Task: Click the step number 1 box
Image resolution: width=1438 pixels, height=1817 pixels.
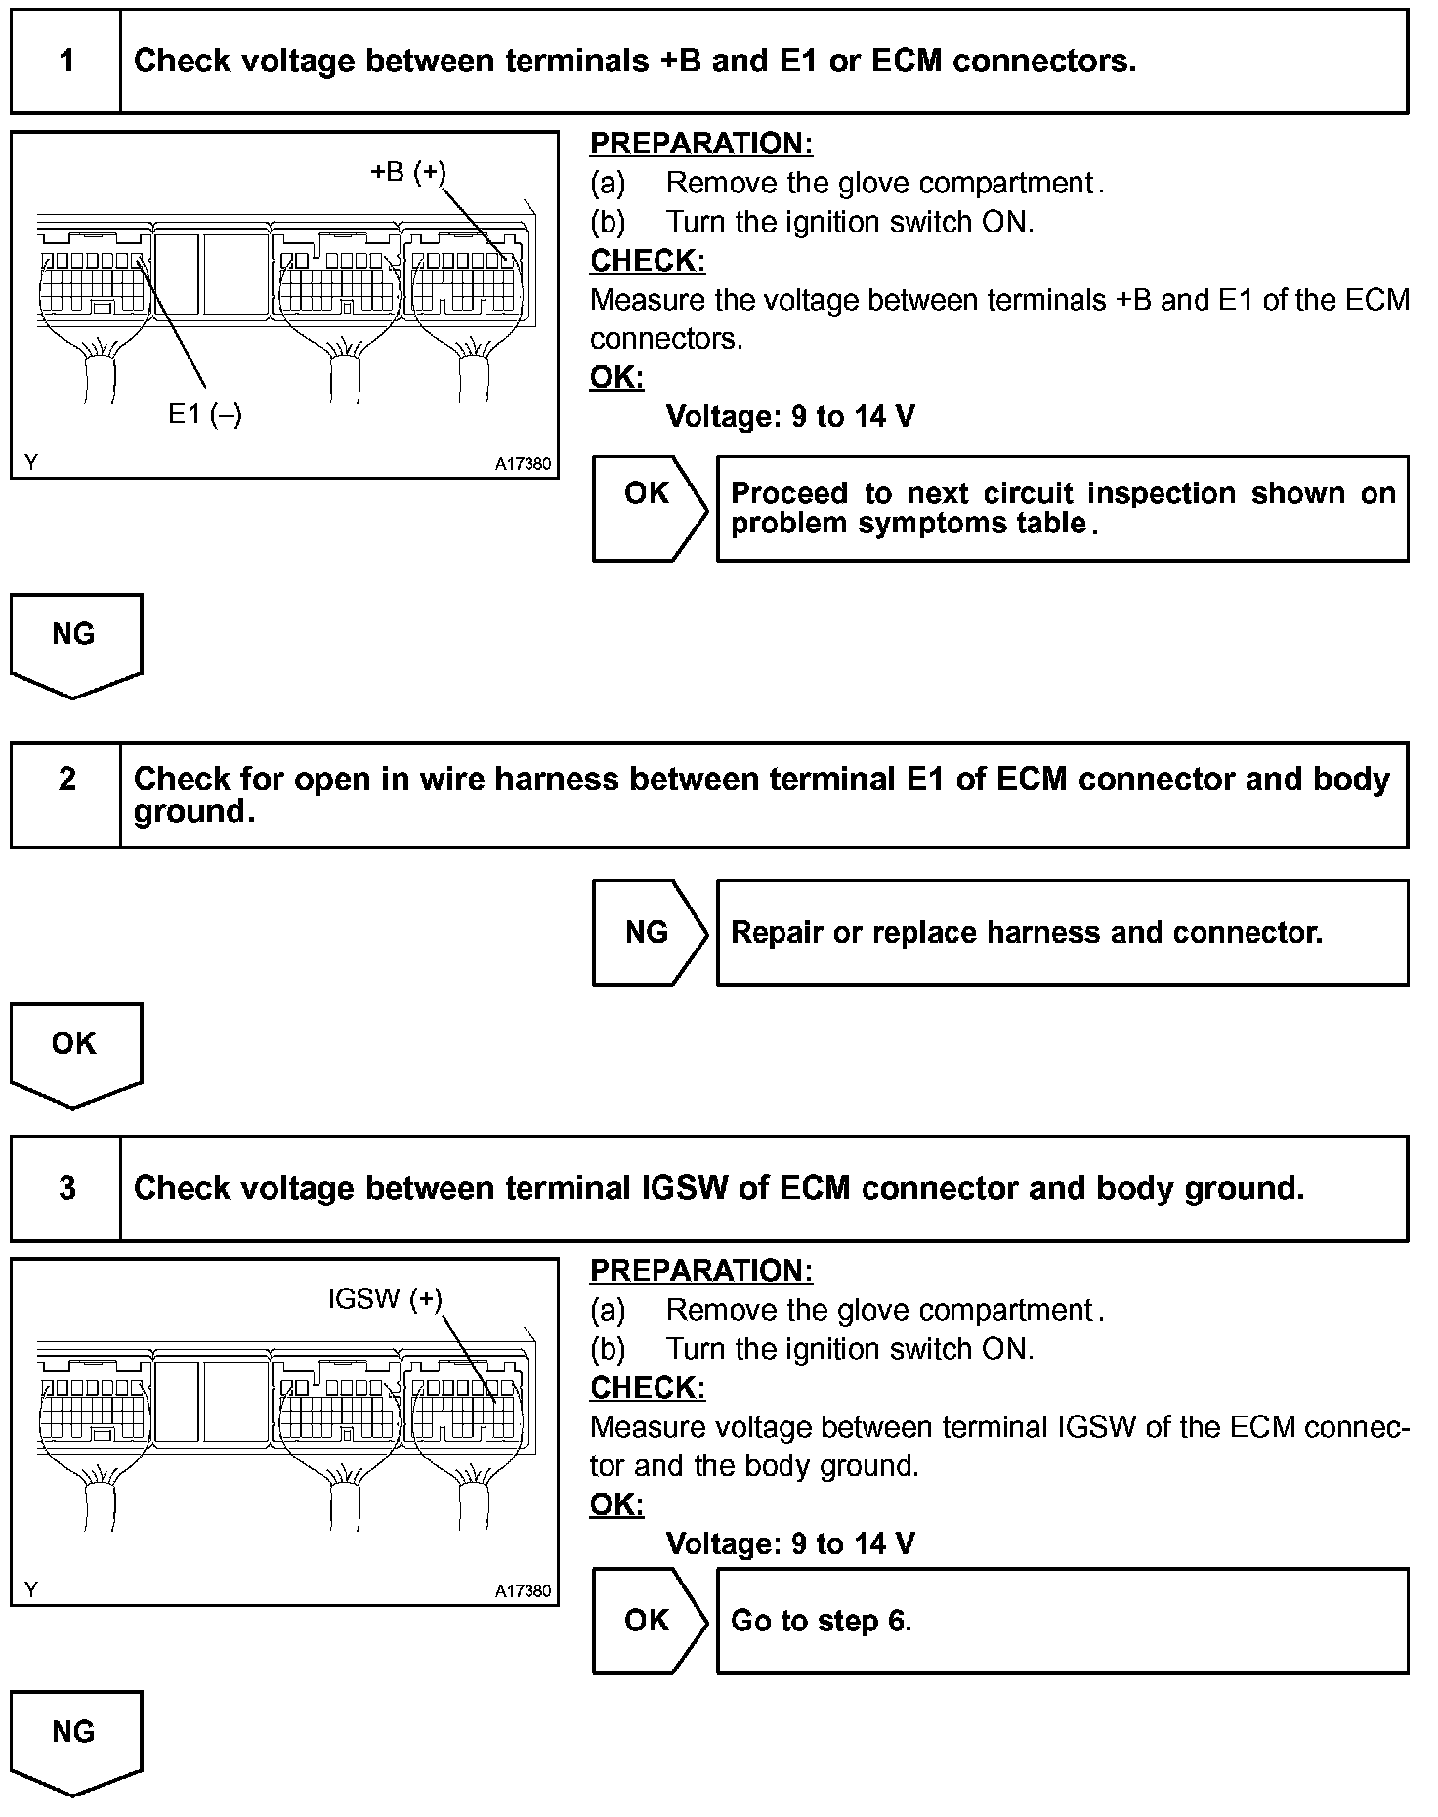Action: [66, 62]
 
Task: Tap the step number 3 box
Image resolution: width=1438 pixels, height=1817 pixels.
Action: [66, 1188]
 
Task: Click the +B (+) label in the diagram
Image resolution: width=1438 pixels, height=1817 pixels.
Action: [407, 172]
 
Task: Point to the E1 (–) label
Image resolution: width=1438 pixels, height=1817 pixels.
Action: [205, 414]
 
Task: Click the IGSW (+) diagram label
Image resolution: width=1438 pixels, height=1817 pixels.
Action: [385, 1298]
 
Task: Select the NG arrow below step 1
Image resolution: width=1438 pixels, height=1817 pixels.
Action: [75, 643]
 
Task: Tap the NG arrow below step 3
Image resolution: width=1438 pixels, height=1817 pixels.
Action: [75, 1741]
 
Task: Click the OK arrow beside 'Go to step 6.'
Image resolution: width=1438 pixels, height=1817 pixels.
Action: [648, 1621]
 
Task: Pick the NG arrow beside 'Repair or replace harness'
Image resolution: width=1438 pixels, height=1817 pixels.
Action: [648, 932]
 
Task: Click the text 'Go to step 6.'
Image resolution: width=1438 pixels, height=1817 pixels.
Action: [821, 1621]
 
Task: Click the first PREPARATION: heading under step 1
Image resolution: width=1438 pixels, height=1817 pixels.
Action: [701, 144]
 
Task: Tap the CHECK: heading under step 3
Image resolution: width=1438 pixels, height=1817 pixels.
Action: [648, 1387]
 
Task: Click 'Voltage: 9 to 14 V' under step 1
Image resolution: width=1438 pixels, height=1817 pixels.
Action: [790, 417]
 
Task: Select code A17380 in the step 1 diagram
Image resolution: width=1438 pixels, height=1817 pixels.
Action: [523, 464]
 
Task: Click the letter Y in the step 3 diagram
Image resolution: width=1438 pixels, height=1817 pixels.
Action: [32, 1589]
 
